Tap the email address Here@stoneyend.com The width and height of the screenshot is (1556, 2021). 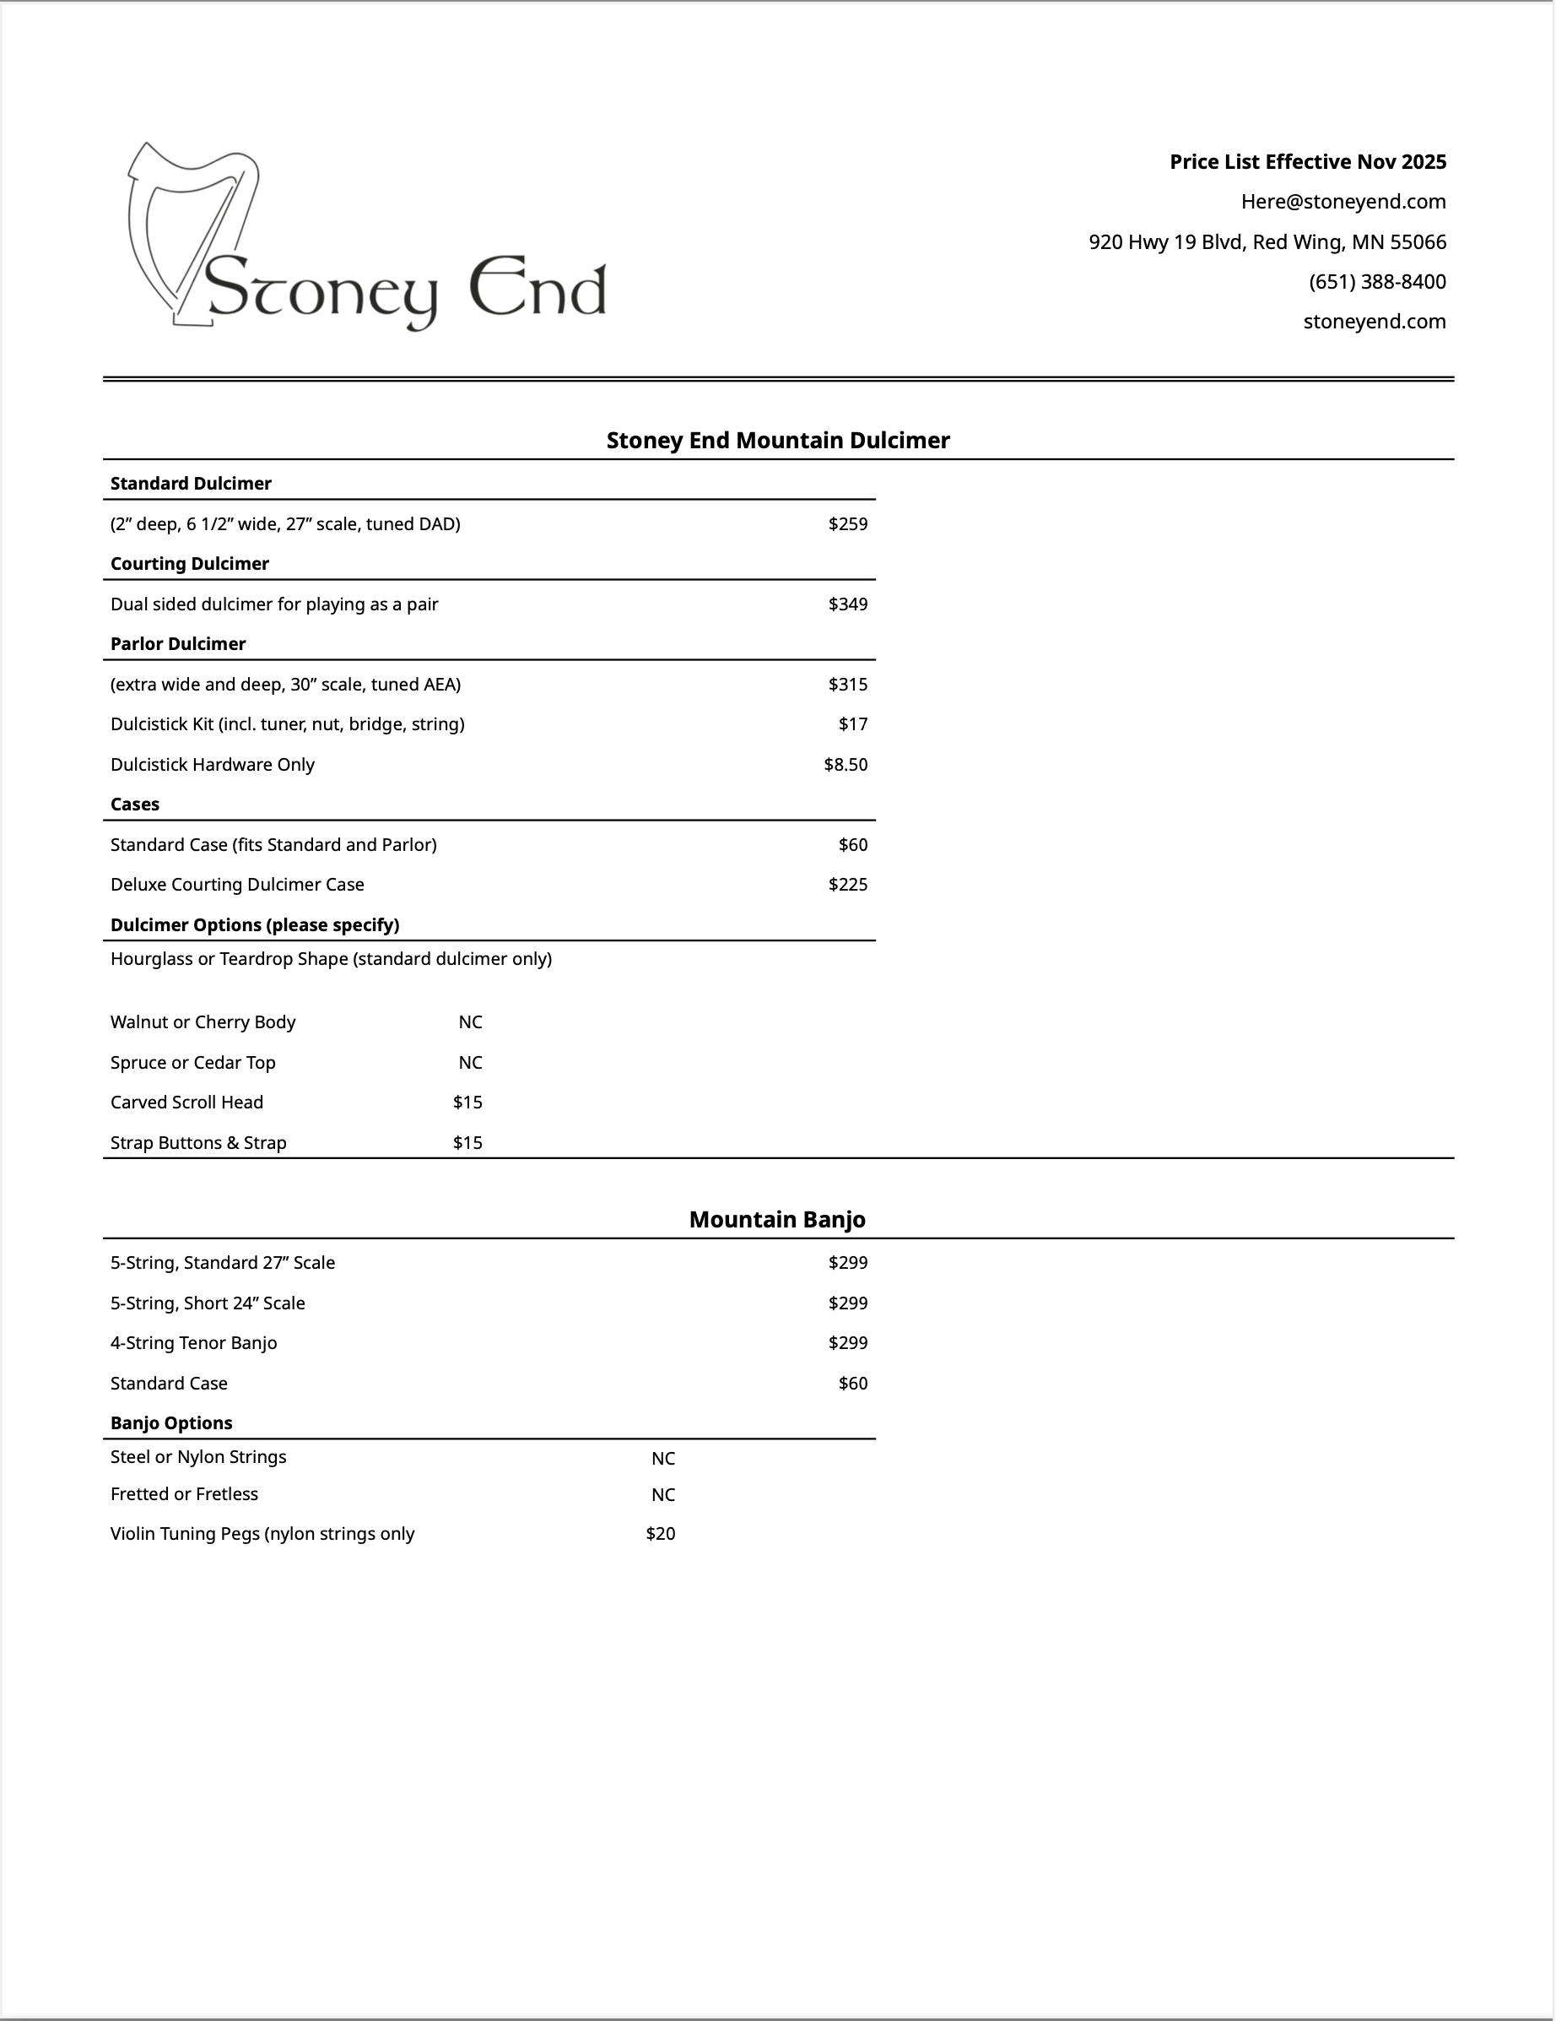(1343, 202)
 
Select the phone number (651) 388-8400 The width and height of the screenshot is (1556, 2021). (1376, 281)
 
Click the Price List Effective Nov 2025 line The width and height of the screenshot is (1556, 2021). (1307, 162)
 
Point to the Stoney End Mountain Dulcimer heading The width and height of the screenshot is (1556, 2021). (777, 441)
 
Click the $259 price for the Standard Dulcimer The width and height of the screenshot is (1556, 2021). (847, 523)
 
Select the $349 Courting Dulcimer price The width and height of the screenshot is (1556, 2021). (847, 604)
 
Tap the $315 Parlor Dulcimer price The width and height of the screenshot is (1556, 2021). (847, 685)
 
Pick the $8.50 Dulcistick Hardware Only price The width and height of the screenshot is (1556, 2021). (846, 764)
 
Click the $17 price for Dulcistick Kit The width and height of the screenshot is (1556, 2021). (853, 724)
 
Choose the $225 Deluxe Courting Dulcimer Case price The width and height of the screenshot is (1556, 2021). (847, 885)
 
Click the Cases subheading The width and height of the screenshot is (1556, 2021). (135, 805)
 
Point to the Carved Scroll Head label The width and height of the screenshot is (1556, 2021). (186, 1103)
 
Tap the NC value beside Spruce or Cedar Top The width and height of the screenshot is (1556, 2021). (470, 1062)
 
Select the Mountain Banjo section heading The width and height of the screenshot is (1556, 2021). (777, 1220)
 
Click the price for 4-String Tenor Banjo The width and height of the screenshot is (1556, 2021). (847, 1343)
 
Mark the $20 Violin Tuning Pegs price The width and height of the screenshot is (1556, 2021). (661, 1533)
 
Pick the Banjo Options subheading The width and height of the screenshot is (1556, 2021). (171, 1423)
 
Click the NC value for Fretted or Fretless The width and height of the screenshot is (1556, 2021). (663, 1494)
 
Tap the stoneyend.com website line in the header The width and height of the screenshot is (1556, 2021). (1374, 322)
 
